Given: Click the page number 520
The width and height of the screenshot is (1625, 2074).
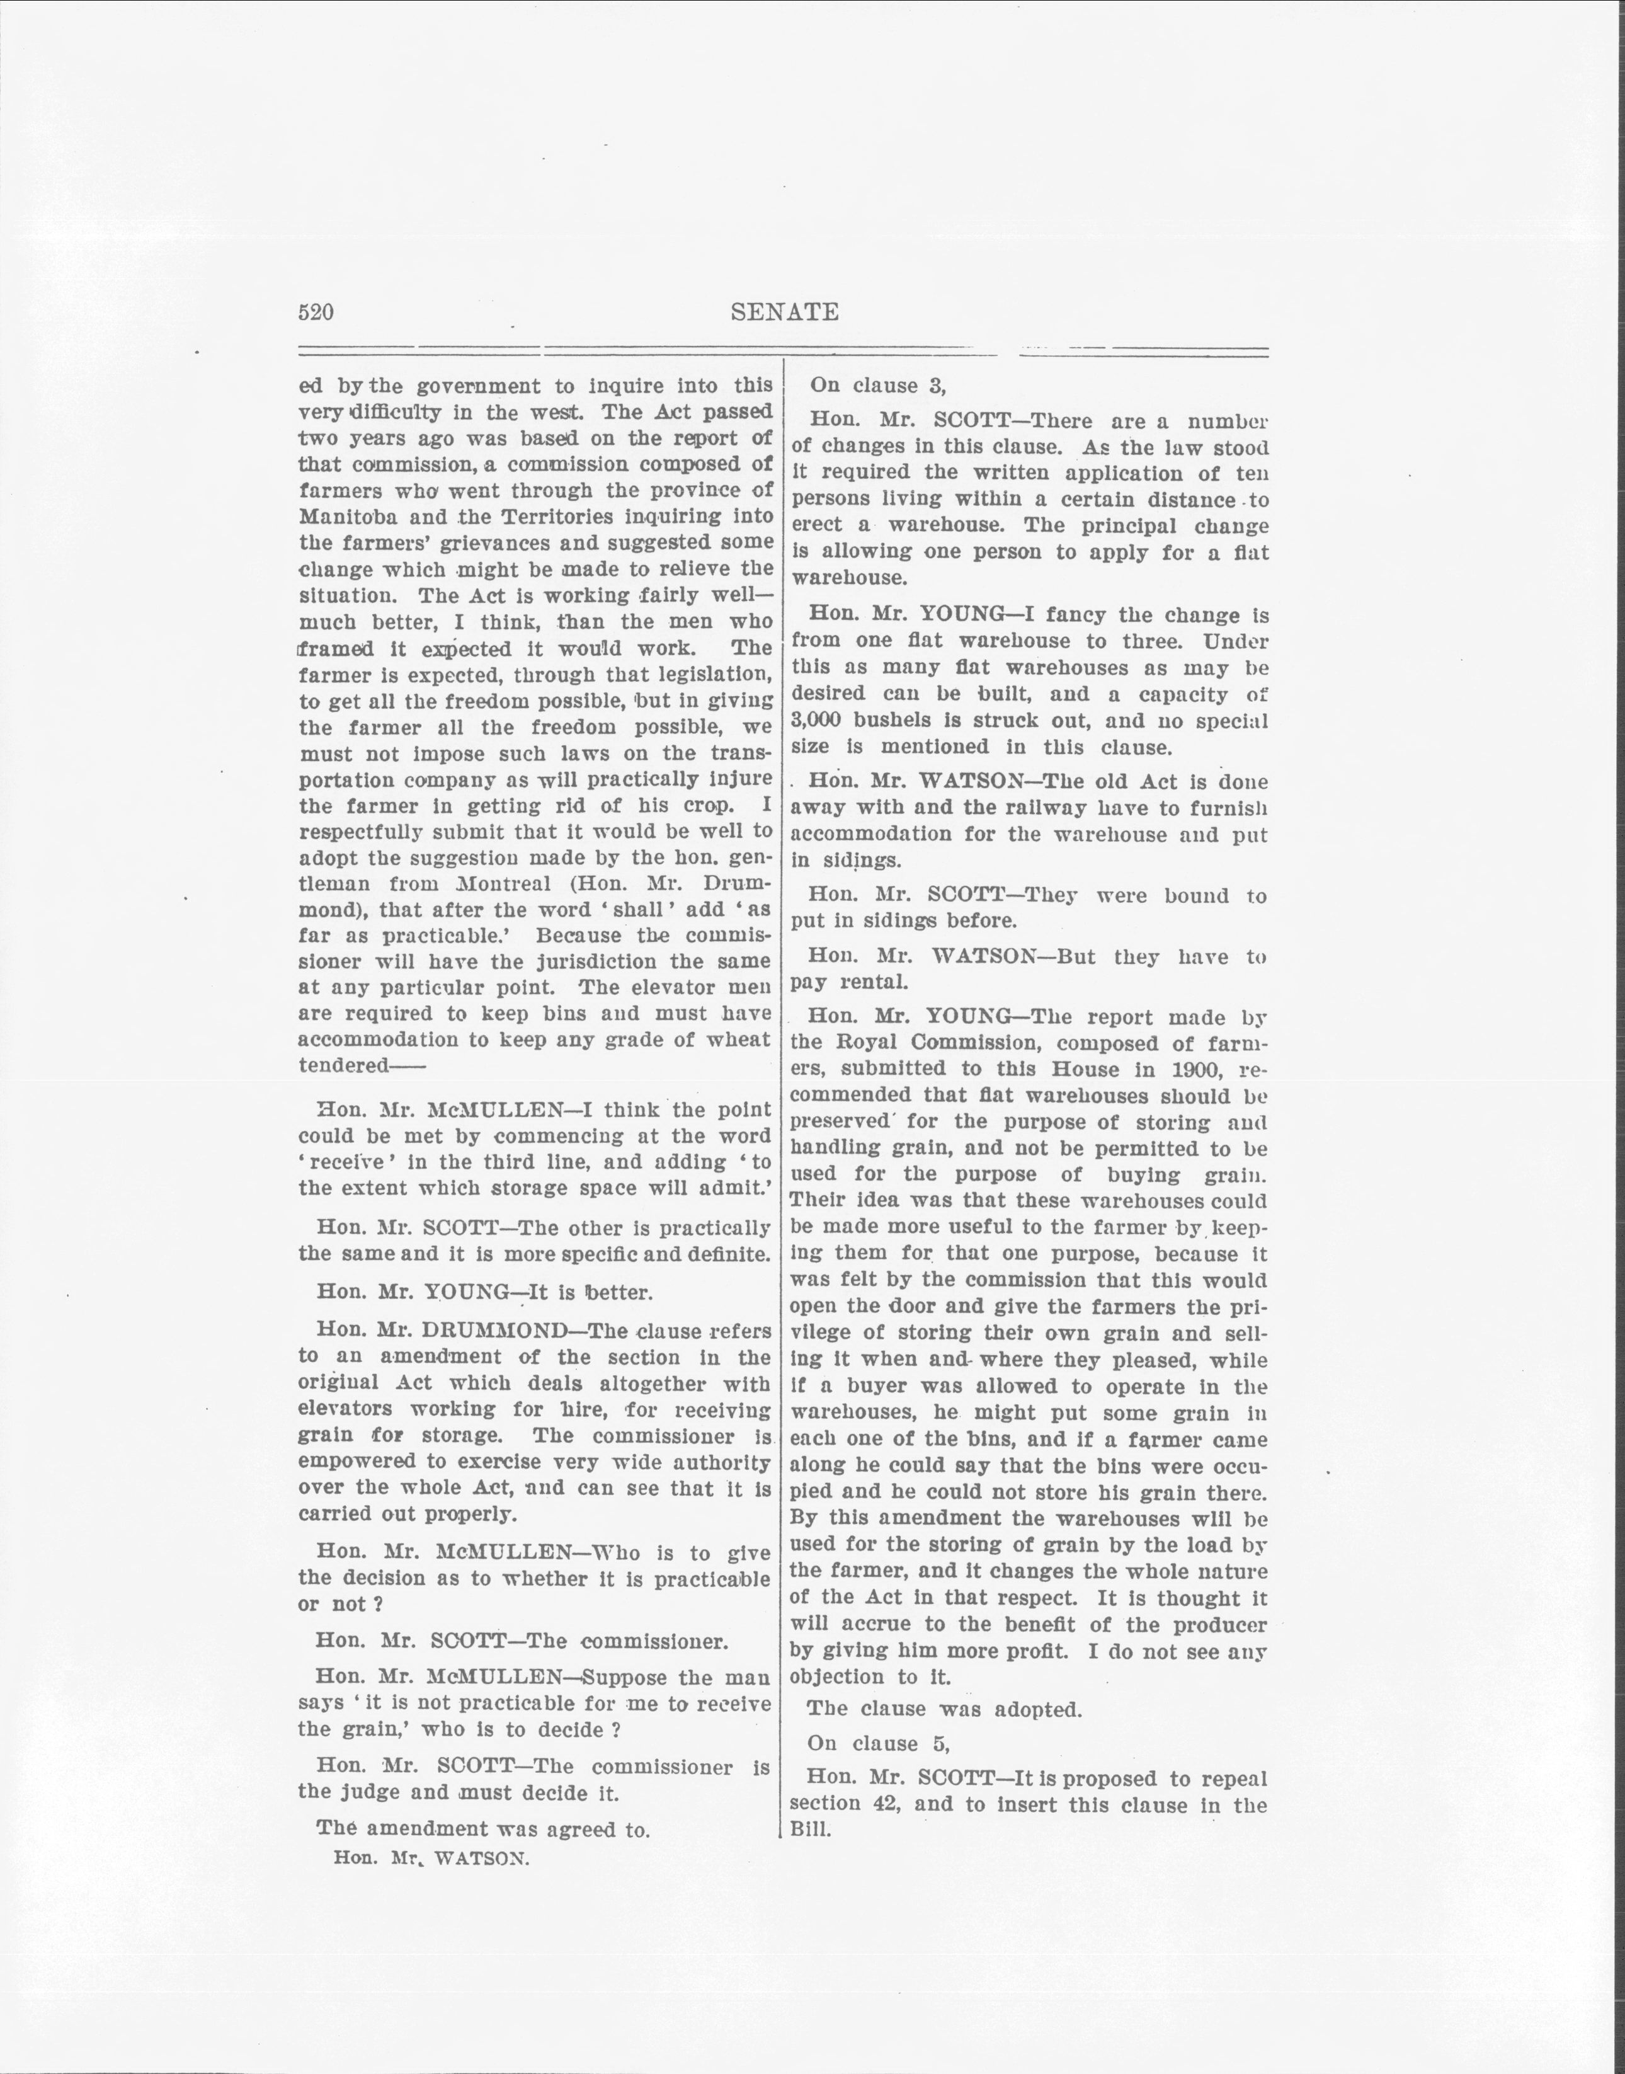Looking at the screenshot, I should tap(316, 312).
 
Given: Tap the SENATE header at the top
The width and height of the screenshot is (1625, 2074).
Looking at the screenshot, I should tap(784, 312).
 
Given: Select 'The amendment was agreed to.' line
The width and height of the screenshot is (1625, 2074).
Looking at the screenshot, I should tap(483, 1828).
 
